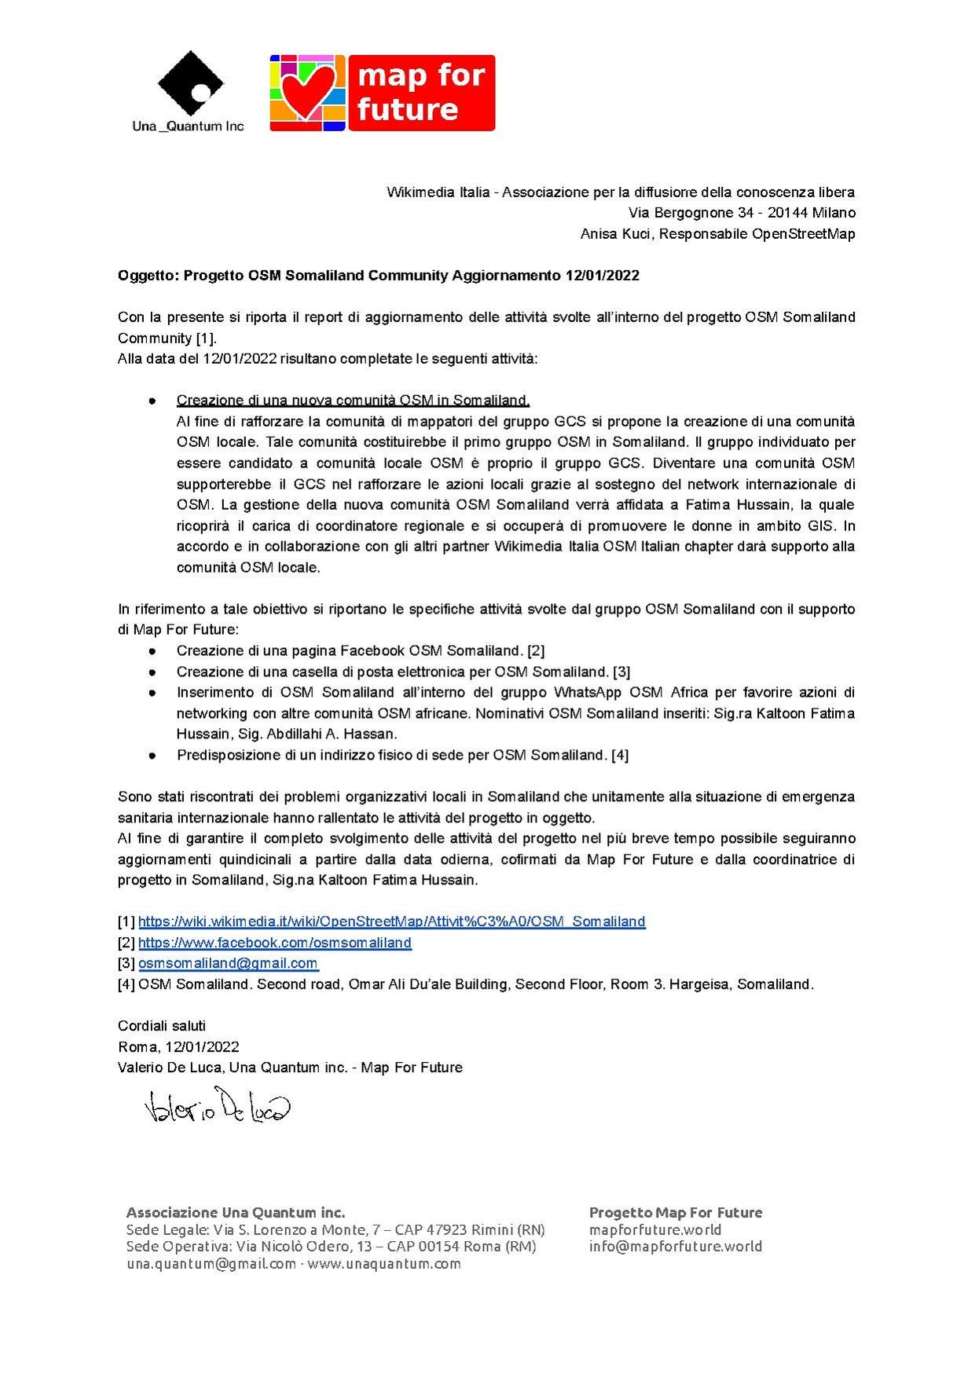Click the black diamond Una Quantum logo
pyautogui.click(x=189, y=83)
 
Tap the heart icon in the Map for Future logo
pyautogui.click(x=307, y=91)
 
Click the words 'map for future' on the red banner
pyautogui.click(x=421, y=92)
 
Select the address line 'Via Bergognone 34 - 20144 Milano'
pyautogui.click(x=742, y=213)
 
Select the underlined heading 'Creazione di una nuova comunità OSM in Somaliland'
pyautogui.click(x=353, y=401)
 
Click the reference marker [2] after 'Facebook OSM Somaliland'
pyautogui.click(x=536, y=651)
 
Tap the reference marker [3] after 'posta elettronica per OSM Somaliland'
pyautogui.click(x=621, y=672)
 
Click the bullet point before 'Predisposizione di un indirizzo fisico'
pyautogui.click(x=152, y=756)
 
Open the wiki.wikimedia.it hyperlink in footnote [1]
pyautogui.click(x=391, y=922)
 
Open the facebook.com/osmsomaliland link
pyautogui.click(x=274, y=943)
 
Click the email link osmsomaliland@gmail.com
pyautogui.click(x=228, y=964)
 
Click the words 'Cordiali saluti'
pyautogui.click(x=162, y=1027)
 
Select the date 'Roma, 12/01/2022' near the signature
pyautogui.click(x=178, y=1047)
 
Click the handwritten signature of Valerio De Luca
pyautogui.click(x=217, y=1107)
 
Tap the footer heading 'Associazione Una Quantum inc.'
pyautogui.click(x=236, y=1213)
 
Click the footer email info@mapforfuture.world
pyautogui.click(x=675, y=1247)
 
